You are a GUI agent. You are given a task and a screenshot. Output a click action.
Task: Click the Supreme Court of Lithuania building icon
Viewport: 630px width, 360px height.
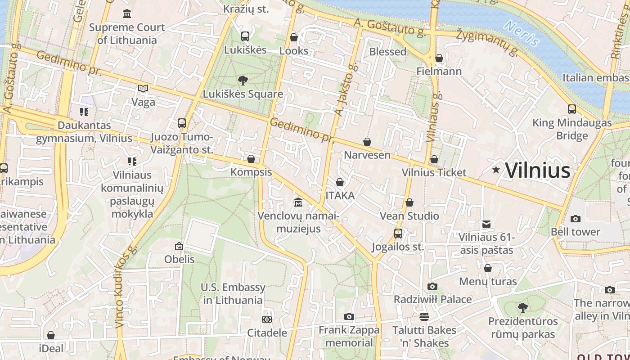(x=127, y=13)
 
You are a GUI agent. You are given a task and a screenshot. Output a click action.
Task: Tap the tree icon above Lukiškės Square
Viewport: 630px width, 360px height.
(x=243, y=81)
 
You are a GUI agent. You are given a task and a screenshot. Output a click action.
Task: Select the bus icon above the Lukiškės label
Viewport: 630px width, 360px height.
(x=245, y=36)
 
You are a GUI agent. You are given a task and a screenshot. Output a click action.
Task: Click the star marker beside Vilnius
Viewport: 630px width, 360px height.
(x=496, y=170)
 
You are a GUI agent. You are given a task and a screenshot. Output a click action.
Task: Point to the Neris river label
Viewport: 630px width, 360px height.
(x=522, y=33)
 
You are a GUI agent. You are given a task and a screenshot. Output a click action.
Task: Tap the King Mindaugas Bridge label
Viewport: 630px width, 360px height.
(x=572, y=129)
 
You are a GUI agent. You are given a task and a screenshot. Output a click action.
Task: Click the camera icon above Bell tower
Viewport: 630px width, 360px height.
(x=575, y=219)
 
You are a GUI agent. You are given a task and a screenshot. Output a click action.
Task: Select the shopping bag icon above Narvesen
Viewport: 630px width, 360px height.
(x=367, y=142)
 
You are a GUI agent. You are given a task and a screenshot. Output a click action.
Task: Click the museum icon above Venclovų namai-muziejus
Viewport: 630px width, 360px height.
(x=298, y=202)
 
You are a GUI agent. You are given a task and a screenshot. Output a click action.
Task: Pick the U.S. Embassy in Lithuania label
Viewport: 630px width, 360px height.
(x=233, y=293)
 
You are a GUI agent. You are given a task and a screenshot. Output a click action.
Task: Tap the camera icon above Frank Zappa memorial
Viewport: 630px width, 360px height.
(x=349, y=317)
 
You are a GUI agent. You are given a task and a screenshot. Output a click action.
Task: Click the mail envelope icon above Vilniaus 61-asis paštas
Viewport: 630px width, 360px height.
(x=486, y=224)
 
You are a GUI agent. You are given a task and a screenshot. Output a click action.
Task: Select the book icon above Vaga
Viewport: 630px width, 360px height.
(x=143, y=89)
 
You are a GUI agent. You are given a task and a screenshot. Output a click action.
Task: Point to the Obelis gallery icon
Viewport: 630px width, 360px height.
(x=179, y=246)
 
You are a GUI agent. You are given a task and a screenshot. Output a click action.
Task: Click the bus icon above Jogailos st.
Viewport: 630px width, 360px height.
(x=398, y=234)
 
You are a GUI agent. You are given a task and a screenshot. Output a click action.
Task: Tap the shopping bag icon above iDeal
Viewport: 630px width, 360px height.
(x=51, y=335)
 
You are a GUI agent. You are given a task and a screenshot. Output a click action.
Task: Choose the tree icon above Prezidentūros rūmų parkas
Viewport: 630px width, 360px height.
(x=522, y=308)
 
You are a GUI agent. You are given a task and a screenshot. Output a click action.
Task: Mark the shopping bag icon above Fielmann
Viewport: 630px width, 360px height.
(x=439, y=58)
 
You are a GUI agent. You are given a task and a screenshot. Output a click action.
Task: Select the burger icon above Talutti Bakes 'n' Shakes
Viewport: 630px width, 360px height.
(x=424, y=316)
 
